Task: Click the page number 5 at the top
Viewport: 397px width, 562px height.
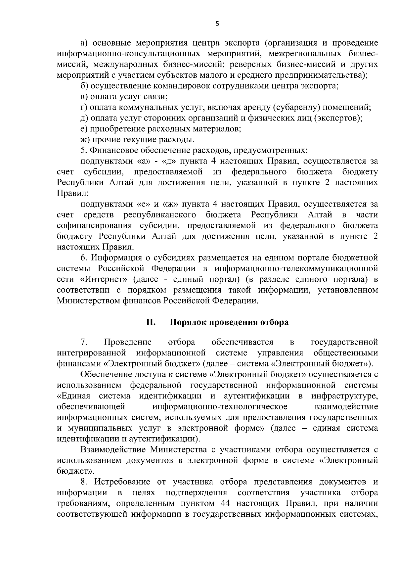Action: pyautogui.click(x=217, y=23)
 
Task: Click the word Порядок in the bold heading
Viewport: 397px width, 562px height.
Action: pyautogui.click(x=187, y=322)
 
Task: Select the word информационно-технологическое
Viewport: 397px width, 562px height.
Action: pyautogui.click(x=220, y=406)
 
